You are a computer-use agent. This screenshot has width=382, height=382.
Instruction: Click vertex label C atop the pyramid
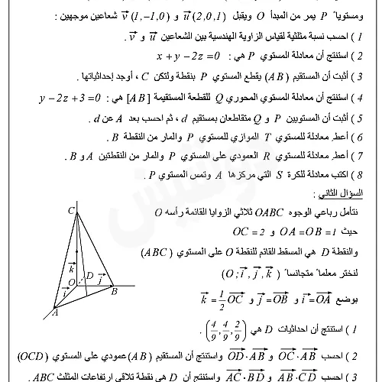coord(70,210)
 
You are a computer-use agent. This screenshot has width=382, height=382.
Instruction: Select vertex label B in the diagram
coord(114,290)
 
